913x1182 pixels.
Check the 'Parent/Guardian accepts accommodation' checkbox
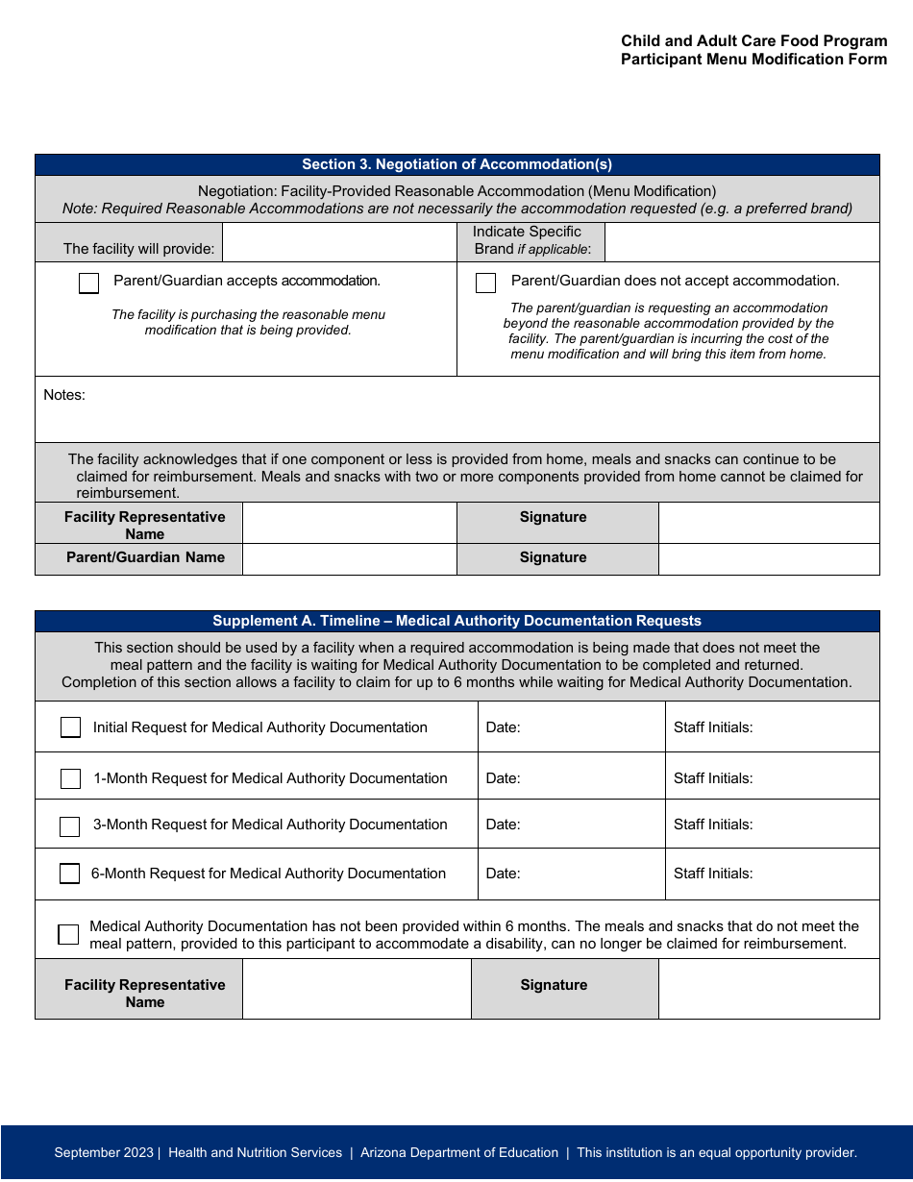click(88, 283)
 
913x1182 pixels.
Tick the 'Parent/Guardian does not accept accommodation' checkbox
click(486, 283)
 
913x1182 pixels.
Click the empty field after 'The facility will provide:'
click(339, 242)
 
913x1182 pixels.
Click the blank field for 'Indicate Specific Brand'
click(742, 242)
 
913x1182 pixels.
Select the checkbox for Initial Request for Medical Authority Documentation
click(70, 727)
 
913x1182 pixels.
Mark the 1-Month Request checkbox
click(70, 778)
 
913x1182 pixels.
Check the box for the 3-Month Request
click(70, 826)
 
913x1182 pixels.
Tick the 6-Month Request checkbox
click(70, 874)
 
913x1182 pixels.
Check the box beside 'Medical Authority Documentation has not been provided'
click(68, 934)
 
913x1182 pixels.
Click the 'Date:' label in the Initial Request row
click(503, 727)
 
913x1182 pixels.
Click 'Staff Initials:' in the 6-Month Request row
click(713, 874)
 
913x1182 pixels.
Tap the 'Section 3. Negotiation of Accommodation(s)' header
click(456, 164)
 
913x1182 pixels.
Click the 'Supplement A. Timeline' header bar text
click(456, 621)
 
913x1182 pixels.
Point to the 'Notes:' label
click(64, 395)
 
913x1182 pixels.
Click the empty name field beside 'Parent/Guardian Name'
click(349, 558)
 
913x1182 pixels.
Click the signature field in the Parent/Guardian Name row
click(768, 558)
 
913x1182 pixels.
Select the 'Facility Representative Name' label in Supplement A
click(145, 993)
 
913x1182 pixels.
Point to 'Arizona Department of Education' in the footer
click(459, 1152)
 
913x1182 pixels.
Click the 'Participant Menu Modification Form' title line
click(753, 60)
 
